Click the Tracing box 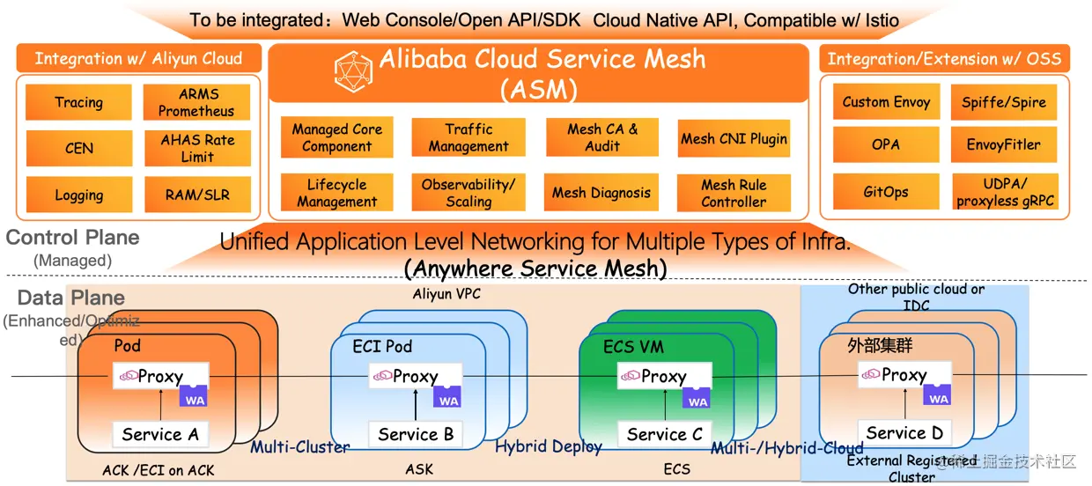tap(78, 102)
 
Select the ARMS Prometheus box tap(196, 102)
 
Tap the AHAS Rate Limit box tap(196, 148)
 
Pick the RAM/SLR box tap(196, 195)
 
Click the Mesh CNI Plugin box tap(734, 138)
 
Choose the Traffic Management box tap(468, 138)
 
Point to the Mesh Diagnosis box tap(601, 193)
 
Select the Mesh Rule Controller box tap(734, 193)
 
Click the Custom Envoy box tap(886, 102)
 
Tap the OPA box tap(886, 144)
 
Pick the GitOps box tap(886, 191)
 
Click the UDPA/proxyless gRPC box tap(1005, 192)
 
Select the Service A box tap(160, 434)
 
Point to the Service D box tap(904, 432)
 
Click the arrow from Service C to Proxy tap(663, 405)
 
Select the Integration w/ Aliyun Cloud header tap(138, 59)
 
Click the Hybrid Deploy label tap(549, 446)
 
